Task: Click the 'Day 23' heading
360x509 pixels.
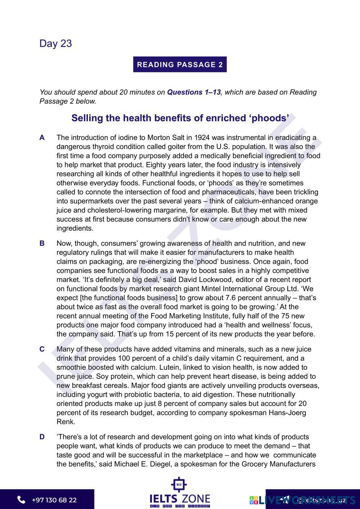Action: coord(56,44)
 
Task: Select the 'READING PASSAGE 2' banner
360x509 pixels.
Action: coord(180,65)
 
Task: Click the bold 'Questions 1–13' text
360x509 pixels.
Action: coord(194,92)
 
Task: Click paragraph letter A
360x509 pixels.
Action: coord(42,138)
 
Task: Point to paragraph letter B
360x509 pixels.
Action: coord(42,243)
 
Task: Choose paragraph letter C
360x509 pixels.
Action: coord(42,349)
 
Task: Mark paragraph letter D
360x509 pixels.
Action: coord(42,437)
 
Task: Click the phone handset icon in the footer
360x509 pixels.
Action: coord(21,500)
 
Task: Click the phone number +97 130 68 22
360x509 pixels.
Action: coord(54,500)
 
